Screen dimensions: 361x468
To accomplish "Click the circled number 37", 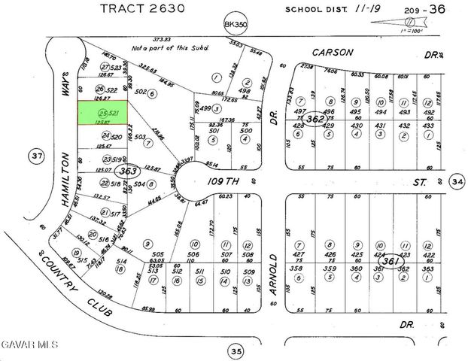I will (34, 156).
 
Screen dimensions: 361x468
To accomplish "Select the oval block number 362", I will (316, 118).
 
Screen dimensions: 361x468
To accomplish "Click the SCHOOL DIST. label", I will (313, 9).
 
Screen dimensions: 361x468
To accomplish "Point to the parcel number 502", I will (140, 93).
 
